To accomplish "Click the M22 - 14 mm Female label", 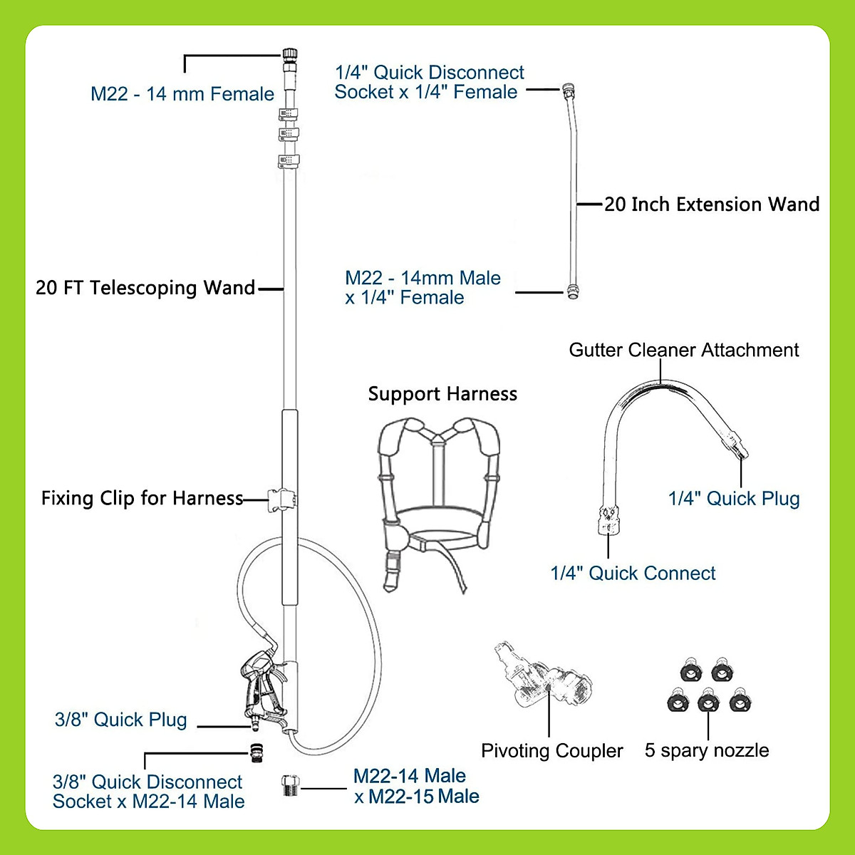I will (x=182, y=94).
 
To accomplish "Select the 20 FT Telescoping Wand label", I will (x=145, y=288).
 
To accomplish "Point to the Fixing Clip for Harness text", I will (x=142, y=498).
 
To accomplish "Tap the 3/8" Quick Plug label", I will (x=121, y=720).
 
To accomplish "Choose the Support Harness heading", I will (x=442, y=394).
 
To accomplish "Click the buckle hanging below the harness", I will (x=393, y=570).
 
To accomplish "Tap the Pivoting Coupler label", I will (x=551, y=751).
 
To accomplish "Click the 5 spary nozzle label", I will (x=707, y=750).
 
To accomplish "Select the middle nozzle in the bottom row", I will (x=708, y=701).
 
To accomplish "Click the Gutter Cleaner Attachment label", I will (x=684, y=350).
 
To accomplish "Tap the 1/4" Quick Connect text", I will (x=633, y=574).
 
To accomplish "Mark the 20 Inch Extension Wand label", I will (x=712, y=204).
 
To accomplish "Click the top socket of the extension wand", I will (x=568, y=90).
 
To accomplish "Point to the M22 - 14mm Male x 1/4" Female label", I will (x=423, y=288).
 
